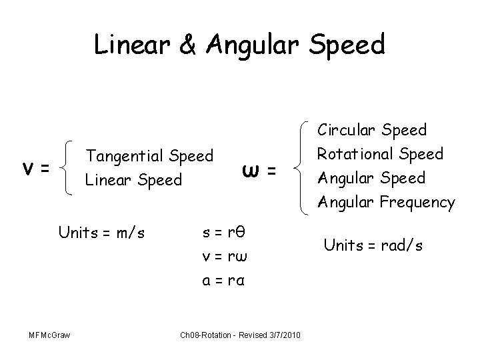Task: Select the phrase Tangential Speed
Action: click(x=150, y=156)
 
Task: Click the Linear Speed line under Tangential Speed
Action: click(x=132, y=180)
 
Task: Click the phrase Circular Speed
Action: click(x=372, y=129)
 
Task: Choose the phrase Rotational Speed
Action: click(x=380, y=153)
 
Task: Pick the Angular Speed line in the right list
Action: click(x=371, y=177)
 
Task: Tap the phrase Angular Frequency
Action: click(x=387, y=201)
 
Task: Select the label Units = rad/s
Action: click(x=373, y=245)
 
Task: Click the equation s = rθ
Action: click(x=225, y=232)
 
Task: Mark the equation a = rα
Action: click(x=225, y=281)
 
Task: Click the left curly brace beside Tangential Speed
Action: click(x=69, y=168)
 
